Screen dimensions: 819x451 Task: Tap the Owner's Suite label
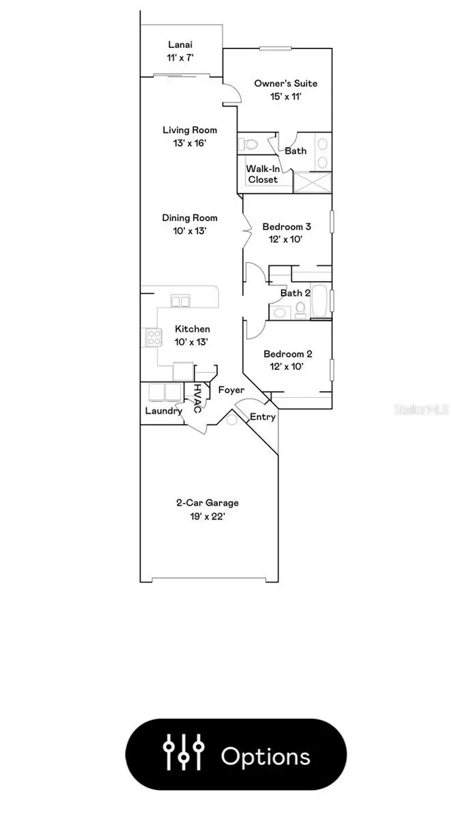(x=286, y=83)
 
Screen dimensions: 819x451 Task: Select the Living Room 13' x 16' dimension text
(x=190, y=143)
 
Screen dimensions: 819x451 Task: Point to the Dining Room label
(x=190, y=218)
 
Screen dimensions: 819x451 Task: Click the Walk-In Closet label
(x=263, y=173)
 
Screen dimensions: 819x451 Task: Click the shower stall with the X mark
(x=312, y=182)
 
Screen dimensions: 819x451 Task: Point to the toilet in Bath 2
(x=299, y=311)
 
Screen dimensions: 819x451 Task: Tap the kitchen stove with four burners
(x=153, y=336)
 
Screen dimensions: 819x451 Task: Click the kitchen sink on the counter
(x=181, y=300)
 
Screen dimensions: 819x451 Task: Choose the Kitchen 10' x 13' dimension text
(x=192, y=342)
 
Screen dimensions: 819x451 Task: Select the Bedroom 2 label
(x=288, y=354)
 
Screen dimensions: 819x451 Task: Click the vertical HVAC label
(x=197, y=399)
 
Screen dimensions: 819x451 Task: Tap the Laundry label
(x=163, y=411)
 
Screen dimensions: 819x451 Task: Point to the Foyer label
(x=231, y=390)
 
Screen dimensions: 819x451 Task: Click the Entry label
(x=263, y=417)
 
